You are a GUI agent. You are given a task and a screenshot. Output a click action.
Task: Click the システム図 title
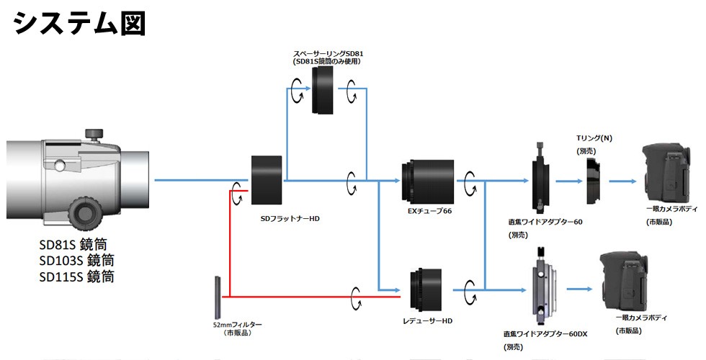click(80, 23)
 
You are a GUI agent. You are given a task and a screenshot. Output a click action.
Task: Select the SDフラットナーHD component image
click(267, 180)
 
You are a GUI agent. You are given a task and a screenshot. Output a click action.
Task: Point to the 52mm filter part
click(218, 296)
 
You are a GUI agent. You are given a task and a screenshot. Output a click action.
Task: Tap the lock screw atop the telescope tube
click(93, 135)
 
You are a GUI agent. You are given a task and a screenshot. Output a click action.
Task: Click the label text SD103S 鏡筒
click(76, 260)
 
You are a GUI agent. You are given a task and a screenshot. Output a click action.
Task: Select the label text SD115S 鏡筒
click(76, 276)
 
